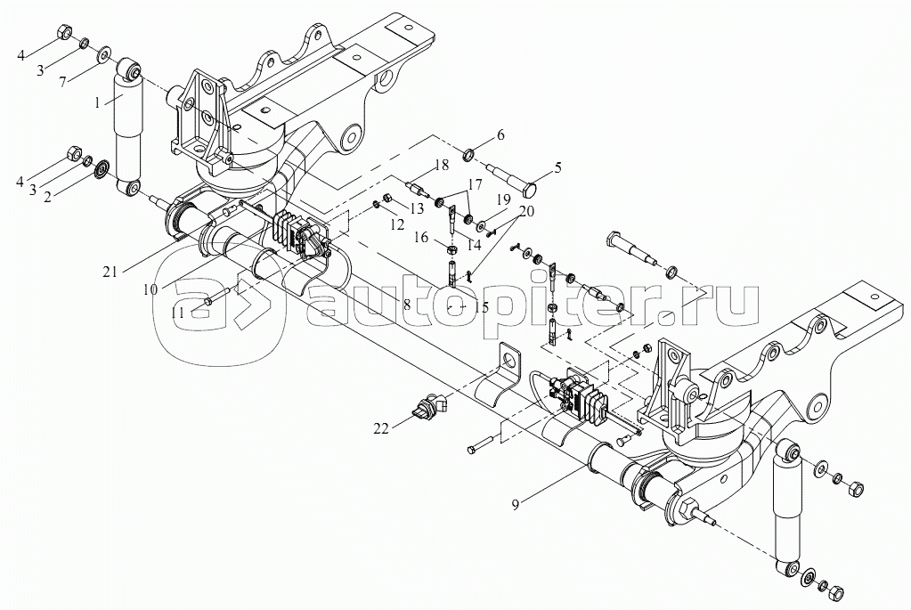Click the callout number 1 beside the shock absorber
pos(98,102)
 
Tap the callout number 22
pos(381,429)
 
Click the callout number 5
pos(558,168)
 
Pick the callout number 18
pos(442,165)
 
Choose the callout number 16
pos(422,237)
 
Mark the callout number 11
pos(177,313)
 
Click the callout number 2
pos(47,197)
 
